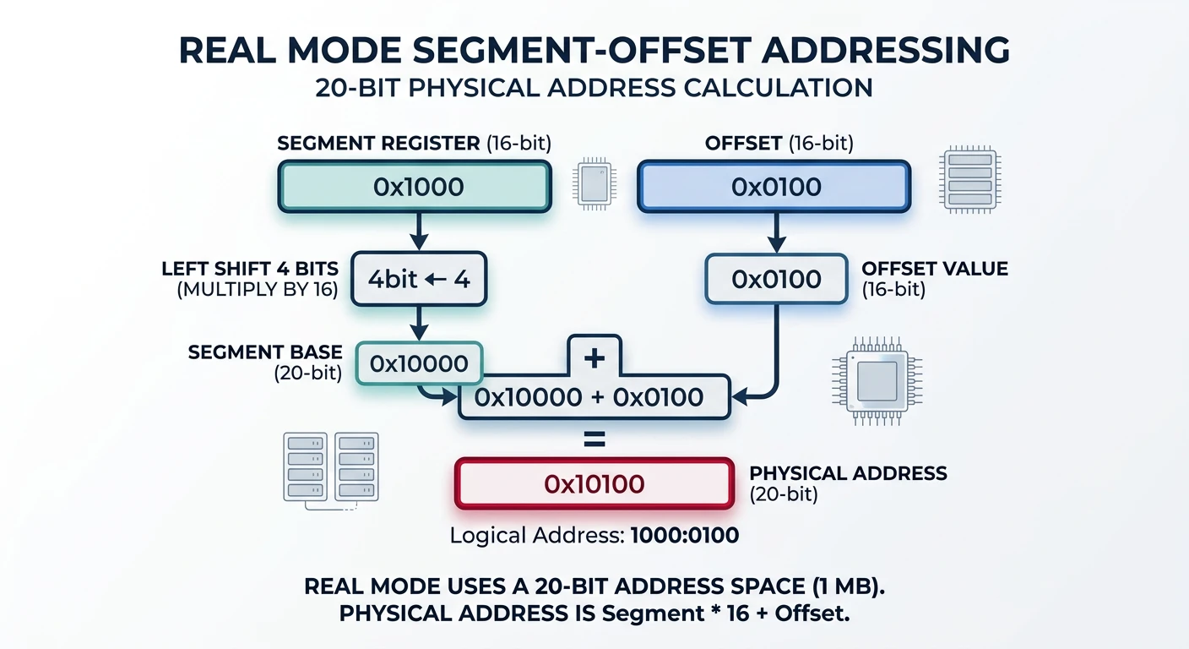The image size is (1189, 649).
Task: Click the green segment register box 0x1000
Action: tap(415, 187)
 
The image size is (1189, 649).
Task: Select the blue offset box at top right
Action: tap(774, 187)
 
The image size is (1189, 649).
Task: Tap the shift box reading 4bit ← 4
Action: tap(419, 278)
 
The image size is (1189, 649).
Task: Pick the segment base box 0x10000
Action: tap(419, 363)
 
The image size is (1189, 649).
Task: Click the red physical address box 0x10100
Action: tap(594, 483)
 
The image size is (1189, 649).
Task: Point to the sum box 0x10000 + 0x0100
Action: tap(594, 396)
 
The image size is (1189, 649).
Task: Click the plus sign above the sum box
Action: tap(594, 357)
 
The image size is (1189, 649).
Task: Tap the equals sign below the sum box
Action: tap(594, 439)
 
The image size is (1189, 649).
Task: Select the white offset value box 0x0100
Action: tap(776, 278)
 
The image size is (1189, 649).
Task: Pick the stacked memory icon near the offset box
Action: tap(969, 180)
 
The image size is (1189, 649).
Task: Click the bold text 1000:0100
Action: tap(685, 535)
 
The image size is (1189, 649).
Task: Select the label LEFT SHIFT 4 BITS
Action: tap(250, 269)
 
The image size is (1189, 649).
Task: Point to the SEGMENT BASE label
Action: tap(265, 352)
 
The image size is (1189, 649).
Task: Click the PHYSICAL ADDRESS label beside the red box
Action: tap(848, 473)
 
